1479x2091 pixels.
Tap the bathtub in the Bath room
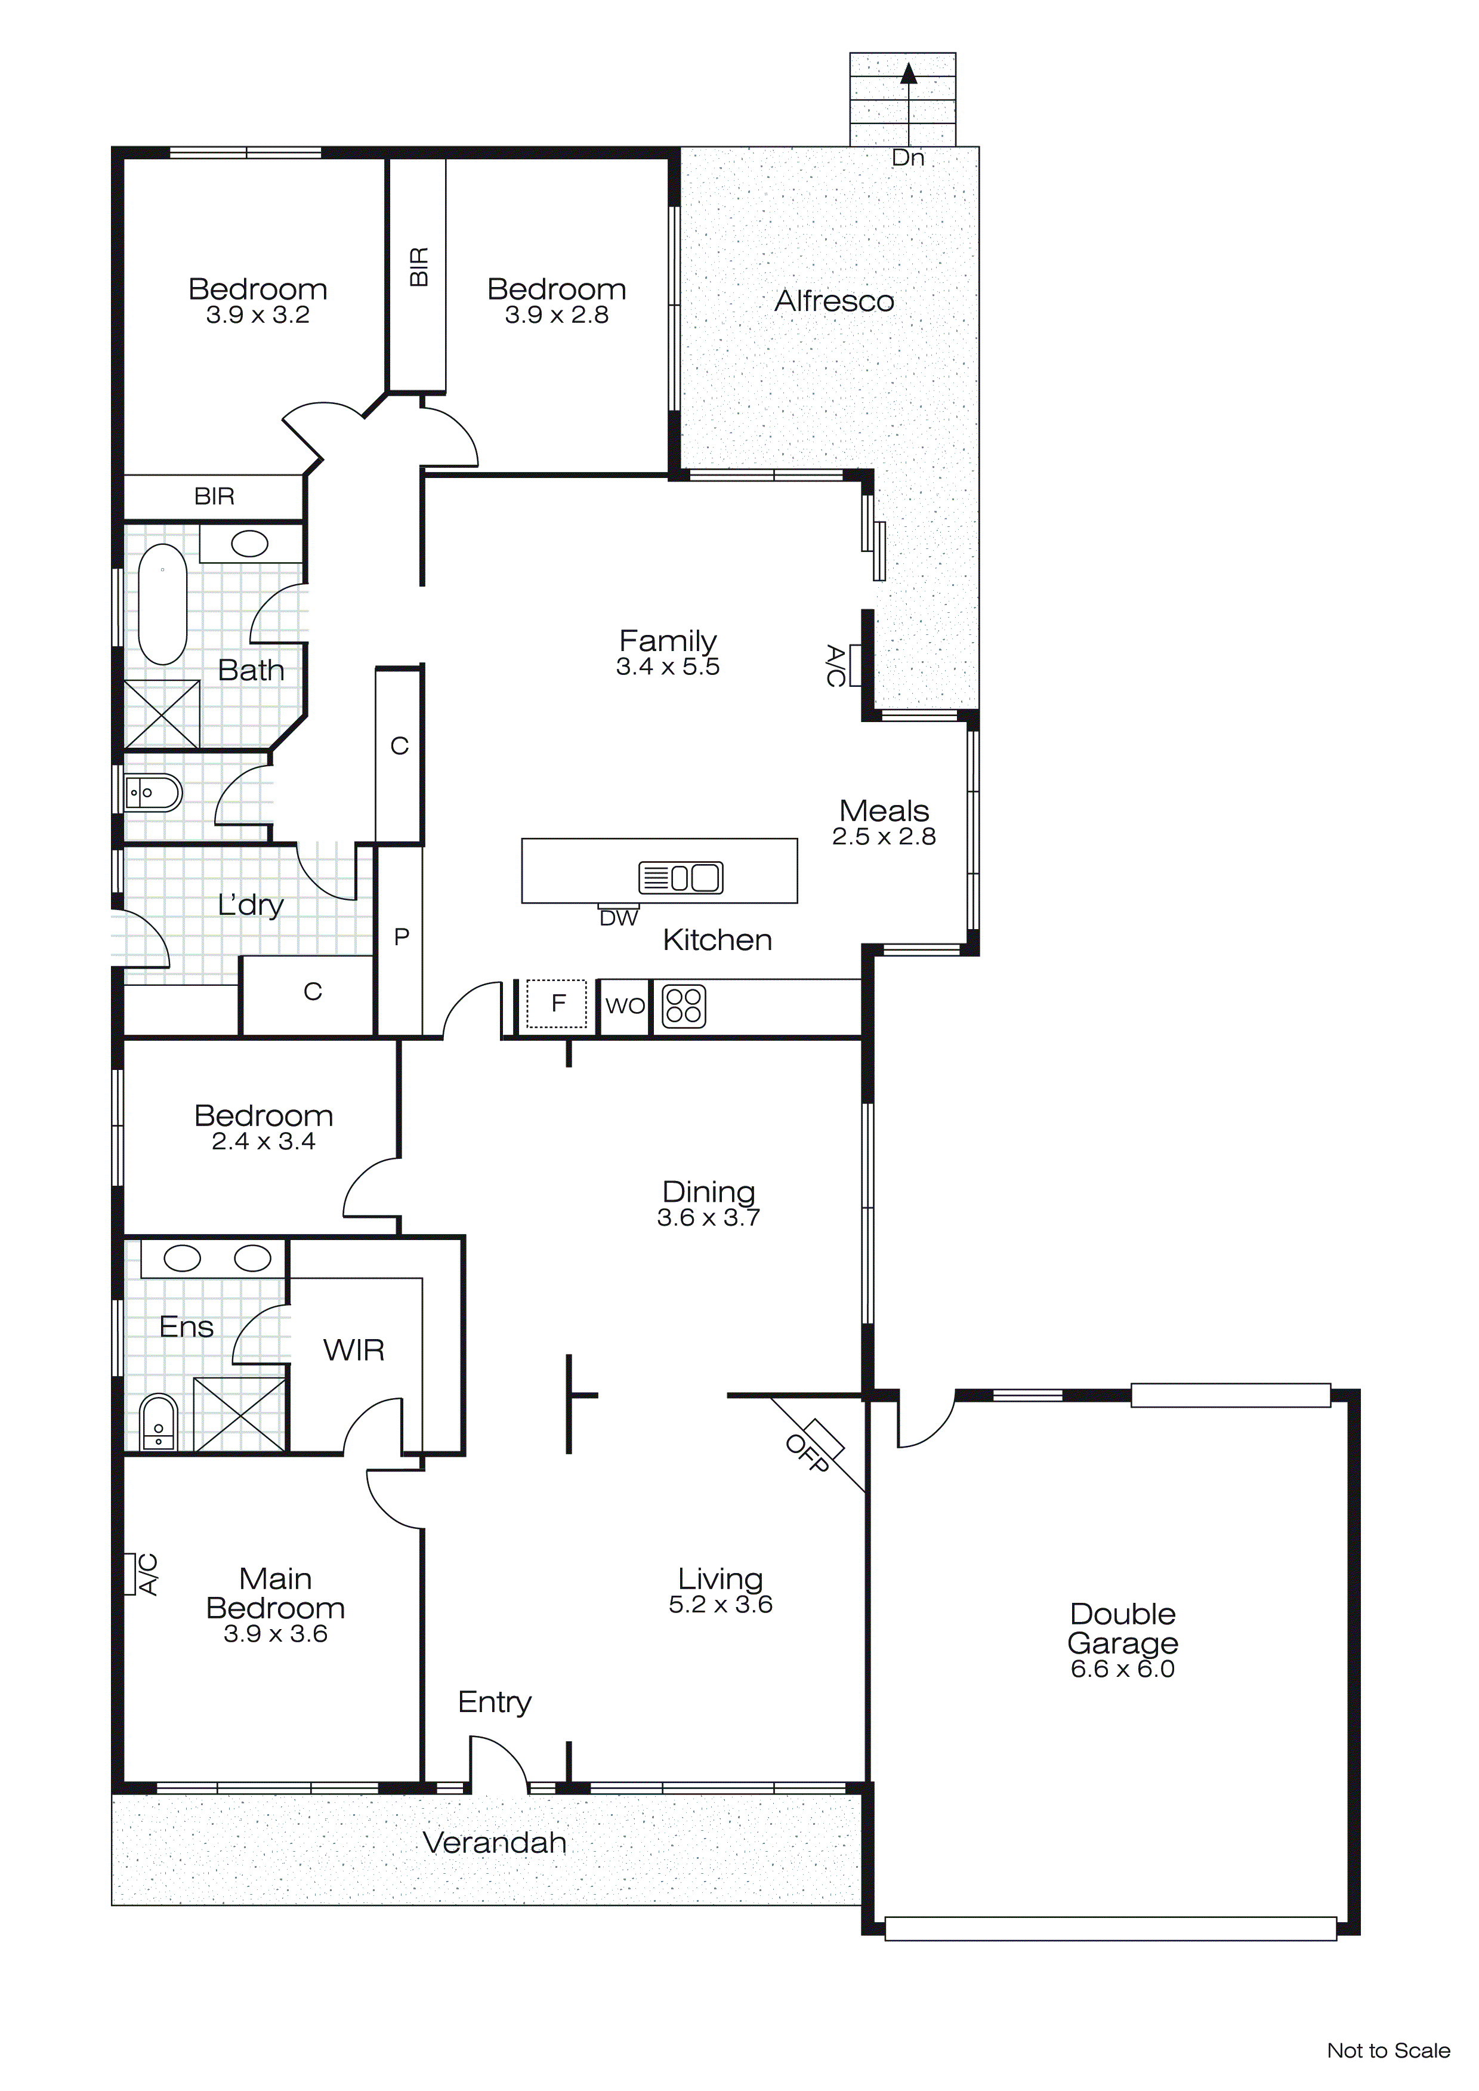pos(163,605)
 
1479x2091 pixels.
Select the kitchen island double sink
pos(681,878)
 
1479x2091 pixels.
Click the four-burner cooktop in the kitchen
pos(683,1006)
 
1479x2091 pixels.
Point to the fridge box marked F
pos(557,1004)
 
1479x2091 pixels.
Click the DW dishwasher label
pos(618,919)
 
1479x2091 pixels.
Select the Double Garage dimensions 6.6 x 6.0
pos(1122,1669)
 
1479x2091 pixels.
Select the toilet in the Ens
pos(159,1423)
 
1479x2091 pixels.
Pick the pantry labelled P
pos(401,937)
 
